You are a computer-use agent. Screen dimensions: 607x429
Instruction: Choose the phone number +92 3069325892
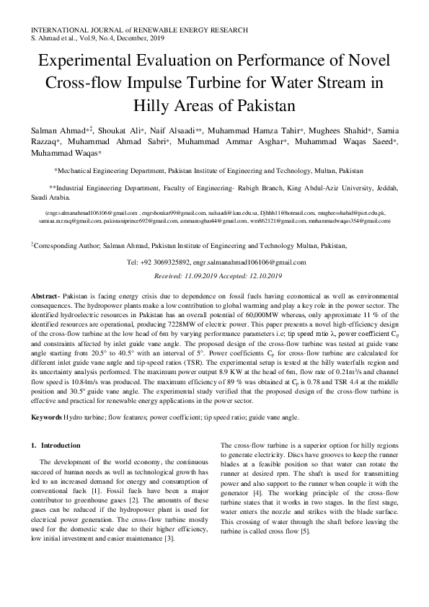point(169,263)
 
